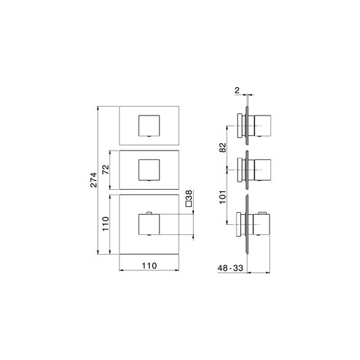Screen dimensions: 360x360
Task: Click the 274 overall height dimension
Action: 94,180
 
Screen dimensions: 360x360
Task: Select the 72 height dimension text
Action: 106,170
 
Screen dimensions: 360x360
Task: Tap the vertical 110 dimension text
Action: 105,224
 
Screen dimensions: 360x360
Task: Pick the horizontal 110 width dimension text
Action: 149,265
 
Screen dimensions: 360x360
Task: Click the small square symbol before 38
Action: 188,204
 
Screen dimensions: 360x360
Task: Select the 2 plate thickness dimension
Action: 237,91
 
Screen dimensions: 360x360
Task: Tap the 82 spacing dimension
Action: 223,148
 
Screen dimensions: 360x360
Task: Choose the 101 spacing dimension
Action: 223,197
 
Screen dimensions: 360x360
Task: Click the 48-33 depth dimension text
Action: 230,268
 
